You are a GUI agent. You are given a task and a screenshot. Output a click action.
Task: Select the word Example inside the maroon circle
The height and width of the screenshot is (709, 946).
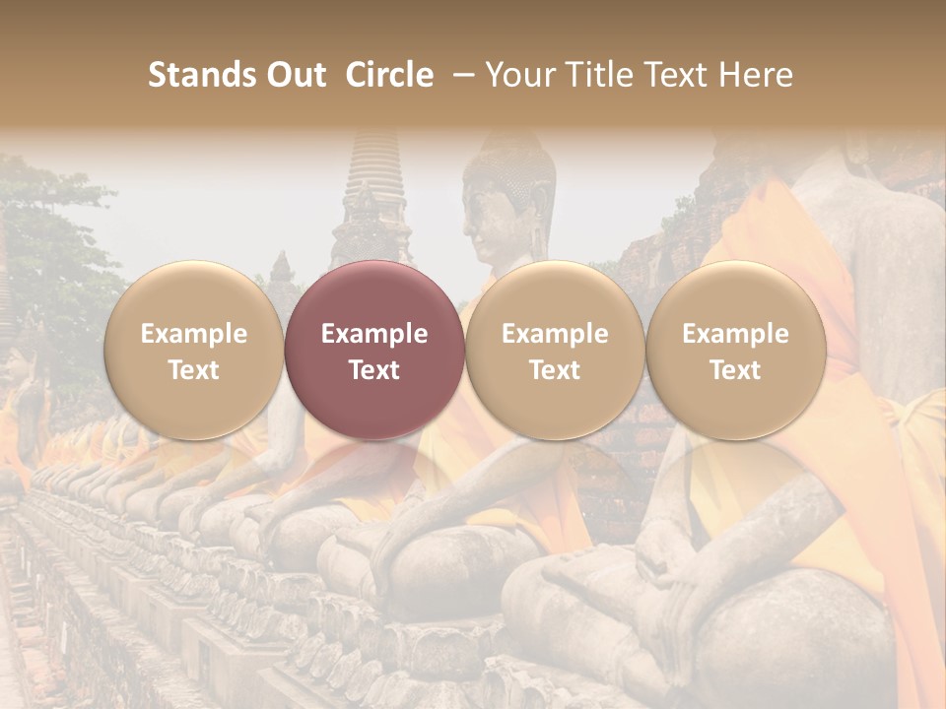[373, 334]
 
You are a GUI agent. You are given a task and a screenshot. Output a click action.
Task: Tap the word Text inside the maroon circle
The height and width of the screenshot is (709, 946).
[373, 370]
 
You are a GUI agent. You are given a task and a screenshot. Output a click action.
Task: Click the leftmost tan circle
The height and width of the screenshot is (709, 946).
[193, 350]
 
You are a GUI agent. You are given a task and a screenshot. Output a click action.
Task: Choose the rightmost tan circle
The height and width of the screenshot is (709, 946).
[735, 350]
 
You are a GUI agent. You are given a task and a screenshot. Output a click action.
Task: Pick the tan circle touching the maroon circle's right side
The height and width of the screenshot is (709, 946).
[554, 350]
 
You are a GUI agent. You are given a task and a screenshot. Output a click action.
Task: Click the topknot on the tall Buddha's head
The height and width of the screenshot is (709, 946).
[507, 143]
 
